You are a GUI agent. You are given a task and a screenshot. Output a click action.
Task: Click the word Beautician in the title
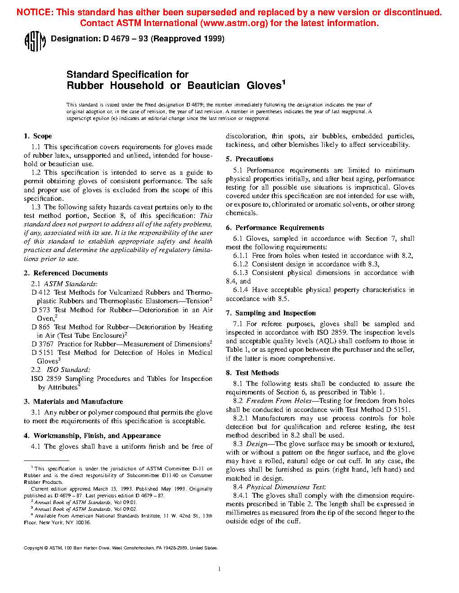[214, 85]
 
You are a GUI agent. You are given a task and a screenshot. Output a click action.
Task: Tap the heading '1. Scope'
[38, 136]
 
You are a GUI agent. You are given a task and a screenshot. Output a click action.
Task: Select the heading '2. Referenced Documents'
[66, 273]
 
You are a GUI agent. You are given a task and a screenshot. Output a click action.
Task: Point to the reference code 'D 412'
[41, 292]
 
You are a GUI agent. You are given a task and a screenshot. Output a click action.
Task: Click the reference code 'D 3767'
[42, 344]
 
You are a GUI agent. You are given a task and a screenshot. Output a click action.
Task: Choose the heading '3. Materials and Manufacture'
[73, 402]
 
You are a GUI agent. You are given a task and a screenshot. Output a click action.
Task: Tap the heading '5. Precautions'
[249, 159]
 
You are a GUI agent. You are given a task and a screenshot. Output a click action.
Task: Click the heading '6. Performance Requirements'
[275, 228]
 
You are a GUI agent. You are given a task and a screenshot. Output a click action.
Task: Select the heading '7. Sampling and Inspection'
[270, 313]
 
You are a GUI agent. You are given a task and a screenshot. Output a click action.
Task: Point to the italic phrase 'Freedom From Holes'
[279, 401]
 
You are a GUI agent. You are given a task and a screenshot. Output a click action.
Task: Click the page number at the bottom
[219, 569]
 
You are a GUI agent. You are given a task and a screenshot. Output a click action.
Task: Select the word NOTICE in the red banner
[34, 13]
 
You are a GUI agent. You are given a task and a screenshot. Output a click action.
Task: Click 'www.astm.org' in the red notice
[232, 23]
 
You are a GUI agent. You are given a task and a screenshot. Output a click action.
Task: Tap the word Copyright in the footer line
[33, 548]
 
